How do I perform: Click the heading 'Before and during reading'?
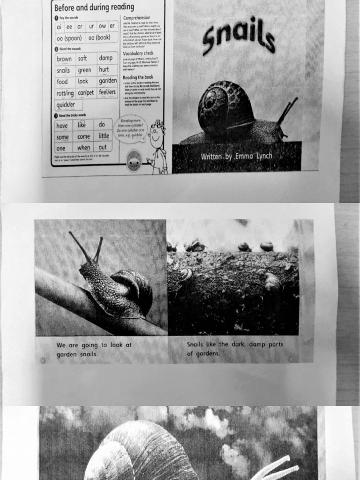[94, 7]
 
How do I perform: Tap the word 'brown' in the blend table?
[64, 59]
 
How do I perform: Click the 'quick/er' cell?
[66, 105]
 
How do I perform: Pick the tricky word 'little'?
[104, 136]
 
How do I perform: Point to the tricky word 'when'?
[83, 148]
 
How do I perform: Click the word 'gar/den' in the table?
[107, 81]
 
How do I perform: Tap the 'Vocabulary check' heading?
[138, 53]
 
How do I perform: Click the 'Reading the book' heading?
[138, 77]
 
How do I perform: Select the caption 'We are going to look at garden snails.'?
[94, 349]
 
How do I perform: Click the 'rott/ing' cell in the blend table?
[65, 93]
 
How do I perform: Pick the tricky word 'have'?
[62, 125]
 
